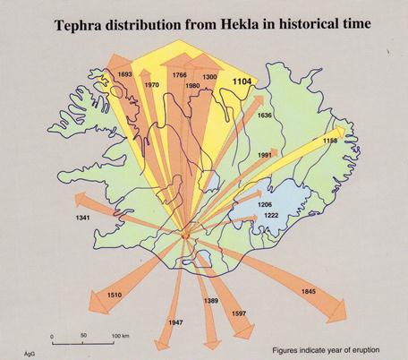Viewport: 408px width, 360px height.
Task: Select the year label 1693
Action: point(124,74)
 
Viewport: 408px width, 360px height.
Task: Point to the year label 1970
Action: point(151,84)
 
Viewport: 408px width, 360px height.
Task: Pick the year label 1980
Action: point(192,86)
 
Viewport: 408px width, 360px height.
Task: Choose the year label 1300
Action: point(210,77)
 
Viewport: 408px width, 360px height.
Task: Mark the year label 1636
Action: point(264,116)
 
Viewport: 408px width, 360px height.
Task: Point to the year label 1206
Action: point(266,205)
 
